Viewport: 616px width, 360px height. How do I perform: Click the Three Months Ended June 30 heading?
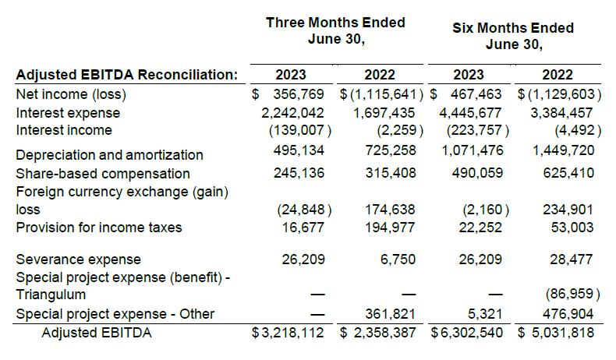[x=335, y=30]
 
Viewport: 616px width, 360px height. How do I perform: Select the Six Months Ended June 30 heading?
[x=513, y=36]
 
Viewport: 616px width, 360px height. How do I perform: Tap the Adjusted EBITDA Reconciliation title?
[x=127, y=75]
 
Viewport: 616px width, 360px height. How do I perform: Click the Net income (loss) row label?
[x=71, y=94]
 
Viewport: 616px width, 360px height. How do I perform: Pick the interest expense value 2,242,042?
[x=292, y=113]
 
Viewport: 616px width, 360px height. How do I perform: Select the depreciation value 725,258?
[x=390, y=150]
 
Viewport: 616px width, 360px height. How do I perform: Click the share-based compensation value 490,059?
[x=477, y=173]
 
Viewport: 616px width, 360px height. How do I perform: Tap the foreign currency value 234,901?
[x=568, y=210]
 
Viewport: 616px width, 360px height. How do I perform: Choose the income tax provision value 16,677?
[x=303, y=228]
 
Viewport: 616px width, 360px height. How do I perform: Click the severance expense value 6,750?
[x=398, y=259]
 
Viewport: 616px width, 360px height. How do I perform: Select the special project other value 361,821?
[x=390, y=314]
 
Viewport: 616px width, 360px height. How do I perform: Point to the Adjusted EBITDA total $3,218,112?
[x=288, y=333]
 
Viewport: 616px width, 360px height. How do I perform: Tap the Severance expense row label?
[x=78, y=259]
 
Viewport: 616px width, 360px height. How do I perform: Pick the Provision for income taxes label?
[x=99, y=228]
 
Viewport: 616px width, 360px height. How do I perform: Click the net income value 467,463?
[x=476, y=94]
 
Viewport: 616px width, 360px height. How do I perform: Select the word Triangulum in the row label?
[x=51, y=295]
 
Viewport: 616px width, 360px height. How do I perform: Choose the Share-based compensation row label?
[x=103, y=174]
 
